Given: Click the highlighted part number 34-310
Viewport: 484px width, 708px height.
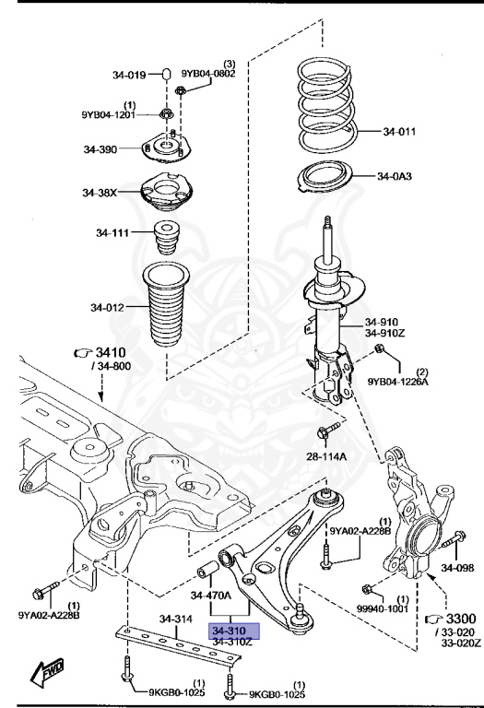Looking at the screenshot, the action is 230,631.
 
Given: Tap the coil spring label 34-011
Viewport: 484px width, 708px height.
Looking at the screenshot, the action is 399,132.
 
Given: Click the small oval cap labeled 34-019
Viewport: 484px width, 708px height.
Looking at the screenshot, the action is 166,73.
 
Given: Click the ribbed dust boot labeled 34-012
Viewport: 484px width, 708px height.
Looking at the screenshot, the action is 166,305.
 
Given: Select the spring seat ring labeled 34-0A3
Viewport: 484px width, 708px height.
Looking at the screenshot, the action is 325,177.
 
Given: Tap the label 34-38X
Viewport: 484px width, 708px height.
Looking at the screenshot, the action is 100,193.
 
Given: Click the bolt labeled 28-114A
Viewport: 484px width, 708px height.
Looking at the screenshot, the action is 328,431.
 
